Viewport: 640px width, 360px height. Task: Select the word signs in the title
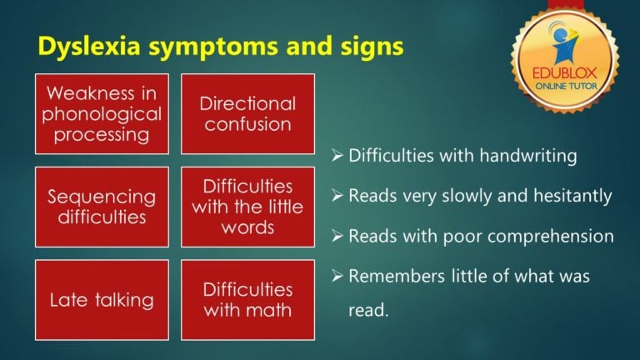(x=372, y=47)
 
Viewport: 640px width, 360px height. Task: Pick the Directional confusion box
(x=247, y=114)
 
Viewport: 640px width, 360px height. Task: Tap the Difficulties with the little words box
(x=247, y=207)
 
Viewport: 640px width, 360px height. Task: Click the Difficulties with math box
(x=247, y=299)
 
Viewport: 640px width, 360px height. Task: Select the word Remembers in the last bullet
(x=388, y=277)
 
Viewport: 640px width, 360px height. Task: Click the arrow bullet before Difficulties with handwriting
(x=337, y=156)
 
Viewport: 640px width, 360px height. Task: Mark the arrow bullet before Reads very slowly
(x=337, y=197)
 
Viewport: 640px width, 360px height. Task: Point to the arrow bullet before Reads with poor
(x=337, y=237)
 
